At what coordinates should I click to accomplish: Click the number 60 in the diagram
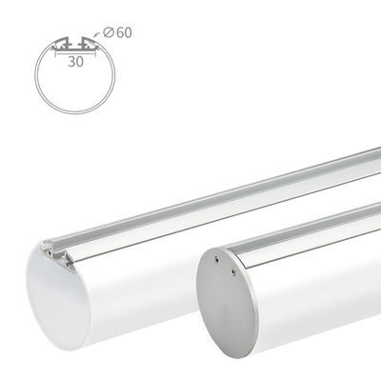pos(123,33)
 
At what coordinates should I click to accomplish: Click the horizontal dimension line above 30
pos(76,51)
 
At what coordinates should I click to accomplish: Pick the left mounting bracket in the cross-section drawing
pos(62,44)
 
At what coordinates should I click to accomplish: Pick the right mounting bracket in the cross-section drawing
pos(90,44)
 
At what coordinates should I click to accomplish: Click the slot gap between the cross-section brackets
pos(76,43)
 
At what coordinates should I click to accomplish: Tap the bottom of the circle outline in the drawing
pos(76,112)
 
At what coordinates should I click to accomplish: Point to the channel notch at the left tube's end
pos(48,249)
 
